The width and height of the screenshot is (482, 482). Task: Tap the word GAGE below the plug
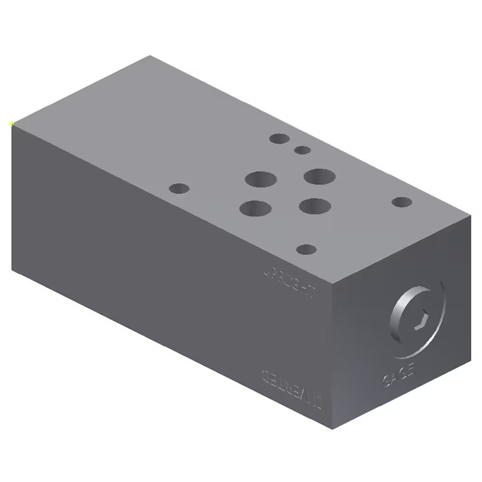point(399,374)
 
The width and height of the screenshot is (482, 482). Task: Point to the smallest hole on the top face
point(303,150)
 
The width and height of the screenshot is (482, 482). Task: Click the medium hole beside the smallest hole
point(279,139)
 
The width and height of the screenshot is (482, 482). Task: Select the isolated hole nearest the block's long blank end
point(179,188)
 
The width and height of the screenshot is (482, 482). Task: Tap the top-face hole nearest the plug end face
point(402,202)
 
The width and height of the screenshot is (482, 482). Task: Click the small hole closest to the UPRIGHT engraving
point(307,249)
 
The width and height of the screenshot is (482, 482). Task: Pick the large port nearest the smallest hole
point(320,177)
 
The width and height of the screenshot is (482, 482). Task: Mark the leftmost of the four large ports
point(255,208)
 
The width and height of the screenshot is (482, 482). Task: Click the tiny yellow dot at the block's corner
point(12,124)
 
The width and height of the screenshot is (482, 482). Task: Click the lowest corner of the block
point(334,427)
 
